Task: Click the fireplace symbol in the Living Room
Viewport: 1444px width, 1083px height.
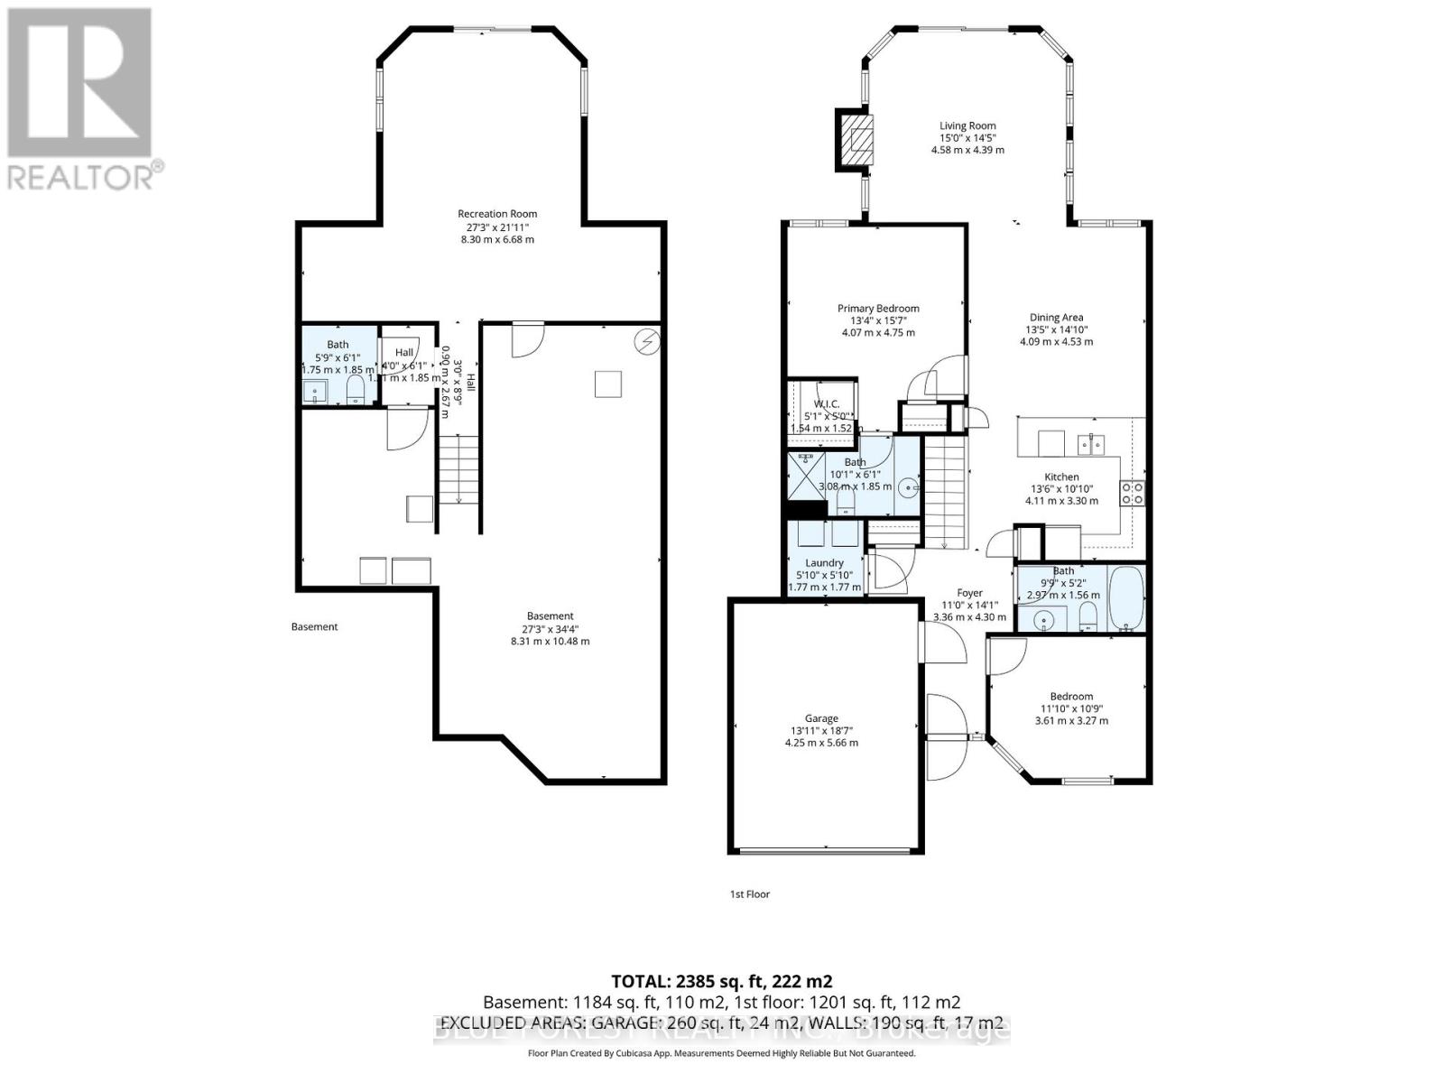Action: (x=854, y=138)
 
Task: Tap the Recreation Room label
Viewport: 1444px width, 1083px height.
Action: (x=497, y=214)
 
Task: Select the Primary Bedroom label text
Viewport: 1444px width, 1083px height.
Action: (x=877, y=309)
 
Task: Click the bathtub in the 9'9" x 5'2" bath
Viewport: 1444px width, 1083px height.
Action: (x=1125, y=597)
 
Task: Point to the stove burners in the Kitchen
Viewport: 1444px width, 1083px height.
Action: (x=1133, y=493)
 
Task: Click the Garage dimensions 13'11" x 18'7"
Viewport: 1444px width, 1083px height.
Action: (x=821, y=731)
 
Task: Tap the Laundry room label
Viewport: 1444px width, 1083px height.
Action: (x=824, y=562)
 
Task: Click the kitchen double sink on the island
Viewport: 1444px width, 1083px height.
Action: (x=1092, y=442)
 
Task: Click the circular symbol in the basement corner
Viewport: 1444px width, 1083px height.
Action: (x=647, y=342)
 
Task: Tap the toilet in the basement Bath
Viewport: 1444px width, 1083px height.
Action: (x=356, y=389)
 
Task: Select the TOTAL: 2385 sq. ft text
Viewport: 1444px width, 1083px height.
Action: (x=721, y=981)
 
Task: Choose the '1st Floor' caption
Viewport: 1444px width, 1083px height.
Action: (x=749, y=894)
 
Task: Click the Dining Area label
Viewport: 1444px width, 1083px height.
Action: (x=1056, y=317)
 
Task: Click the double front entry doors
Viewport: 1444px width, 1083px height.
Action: (x=945, y=738)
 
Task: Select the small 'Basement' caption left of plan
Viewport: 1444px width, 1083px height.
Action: (x=314, y=626)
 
